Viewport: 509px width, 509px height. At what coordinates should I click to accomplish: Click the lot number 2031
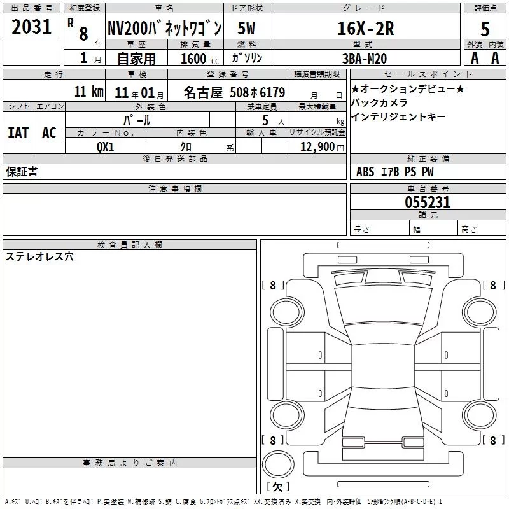pos(31,26)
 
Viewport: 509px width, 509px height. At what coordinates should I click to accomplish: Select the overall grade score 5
pos(485,29)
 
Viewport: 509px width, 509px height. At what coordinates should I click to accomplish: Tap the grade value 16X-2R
pos(365,28)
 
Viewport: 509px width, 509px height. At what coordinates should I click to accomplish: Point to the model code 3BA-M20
pos(365,59)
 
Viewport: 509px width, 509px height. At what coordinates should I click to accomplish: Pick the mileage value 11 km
pos(89,91)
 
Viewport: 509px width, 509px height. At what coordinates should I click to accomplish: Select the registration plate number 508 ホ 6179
pos(258,92)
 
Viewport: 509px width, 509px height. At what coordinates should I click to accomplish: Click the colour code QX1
pos(106,147)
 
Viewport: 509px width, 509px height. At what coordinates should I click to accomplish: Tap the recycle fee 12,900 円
pos(322,147)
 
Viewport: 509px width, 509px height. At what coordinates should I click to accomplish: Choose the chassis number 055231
pos(428,202)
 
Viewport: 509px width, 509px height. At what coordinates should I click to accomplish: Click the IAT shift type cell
pos(18,133)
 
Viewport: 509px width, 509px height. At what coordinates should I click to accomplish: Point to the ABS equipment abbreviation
pos(365,172)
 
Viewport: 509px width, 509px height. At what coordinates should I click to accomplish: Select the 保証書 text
pos(22,172)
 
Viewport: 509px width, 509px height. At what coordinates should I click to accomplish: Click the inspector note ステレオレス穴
pos(39,256)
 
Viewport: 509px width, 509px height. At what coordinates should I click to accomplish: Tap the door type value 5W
pos(246,28)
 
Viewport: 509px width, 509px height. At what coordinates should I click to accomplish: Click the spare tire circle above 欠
pos(278,464)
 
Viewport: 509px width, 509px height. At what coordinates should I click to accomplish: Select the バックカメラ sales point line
pos(379,102)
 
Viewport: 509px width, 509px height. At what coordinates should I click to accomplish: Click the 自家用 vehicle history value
pos(136,59)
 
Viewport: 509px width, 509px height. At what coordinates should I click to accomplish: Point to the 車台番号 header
pos(428,188)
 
